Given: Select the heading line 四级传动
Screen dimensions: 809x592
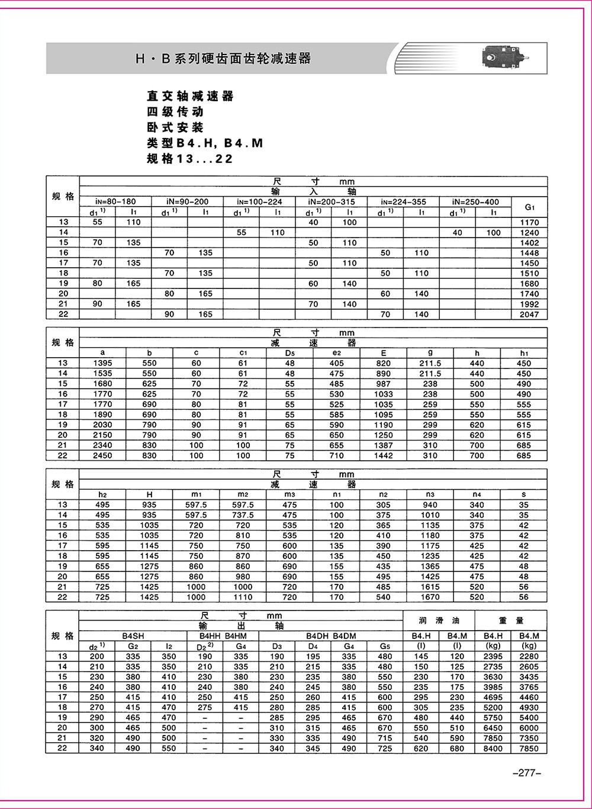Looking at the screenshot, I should [x=175, y=112].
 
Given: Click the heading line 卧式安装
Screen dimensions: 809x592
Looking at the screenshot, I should [x=175, y=127].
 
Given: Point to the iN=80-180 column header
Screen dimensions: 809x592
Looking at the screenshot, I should [x=115, y=202].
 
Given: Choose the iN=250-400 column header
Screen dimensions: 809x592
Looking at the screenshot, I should [x=475, y=202].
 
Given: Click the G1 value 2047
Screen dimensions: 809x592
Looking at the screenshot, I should [x=529, y=314].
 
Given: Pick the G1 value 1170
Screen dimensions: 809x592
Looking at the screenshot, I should [x=529, y=223].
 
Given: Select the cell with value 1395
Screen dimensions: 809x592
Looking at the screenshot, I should [x=102, y=363].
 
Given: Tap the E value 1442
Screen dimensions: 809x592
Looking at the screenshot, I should [x=384, y=455].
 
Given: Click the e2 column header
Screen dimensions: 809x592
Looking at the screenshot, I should [x=337, y=353].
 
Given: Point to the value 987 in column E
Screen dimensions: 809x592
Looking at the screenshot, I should [x=384, y=384].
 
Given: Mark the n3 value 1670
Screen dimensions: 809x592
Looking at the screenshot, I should [x=430, y=597].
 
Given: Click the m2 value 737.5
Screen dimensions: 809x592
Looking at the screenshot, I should [x=243, y=515].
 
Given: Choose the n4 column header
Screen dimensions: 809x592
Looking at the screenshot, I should [x=477, y=495].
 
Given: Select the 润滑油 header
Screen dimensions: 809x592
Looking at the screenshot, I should [x=439, y=621].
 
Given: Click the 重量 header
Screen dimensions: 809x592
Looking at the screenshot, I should [x=511, y=621].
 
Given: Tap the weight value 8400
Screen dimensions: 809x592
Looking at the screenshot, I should [x=493, y=749].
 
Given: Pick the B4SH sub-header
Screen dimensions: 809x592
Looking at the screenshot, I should [x=133, y=636].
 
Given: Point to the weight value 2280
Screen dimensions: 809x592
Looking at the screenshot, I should [x=529, y=656].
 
